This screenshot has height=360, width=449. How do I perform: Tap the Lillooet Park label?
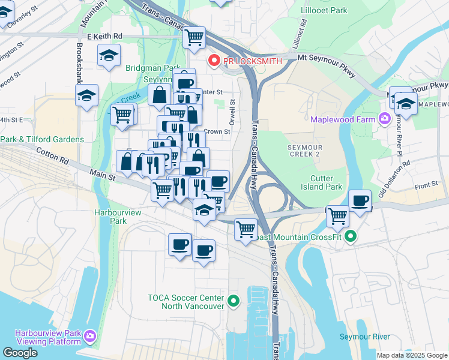325,11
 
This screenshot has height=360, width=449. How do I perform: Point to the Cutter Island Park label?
326,182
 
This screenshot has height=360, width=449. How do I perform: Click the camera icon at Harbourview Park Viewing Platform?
90,335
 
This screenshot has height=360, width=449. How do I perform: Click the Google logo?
20,352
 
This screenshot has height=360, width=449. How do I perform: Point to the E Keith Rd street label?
104,37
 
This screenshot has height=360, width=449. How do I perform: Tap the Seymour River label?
364,337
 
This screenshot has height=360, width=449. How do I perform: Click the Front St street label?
427,187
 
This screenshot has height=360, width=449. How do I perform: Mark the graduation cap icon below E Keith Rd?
108,56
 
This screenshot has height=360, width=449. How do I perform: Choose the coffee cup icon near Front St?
360,200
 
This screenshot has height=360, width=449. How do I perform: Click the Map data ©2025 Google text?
411,355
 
